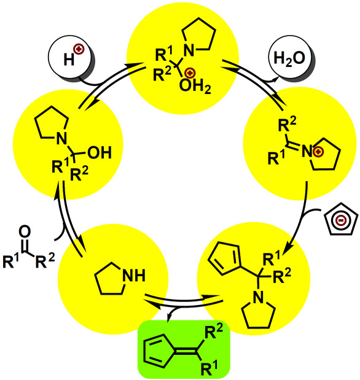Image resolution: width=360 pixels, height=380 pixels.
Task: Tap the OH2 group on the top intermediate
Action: (195, 87)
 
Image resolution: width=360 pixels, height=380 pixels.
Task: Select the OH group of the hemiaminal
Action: (100, 152)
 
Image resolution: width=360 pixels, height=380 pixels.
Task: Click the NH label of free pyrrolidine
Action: (134, 276)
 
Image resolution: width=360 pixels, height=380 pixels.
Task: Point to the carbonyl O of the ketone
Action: (25, 231)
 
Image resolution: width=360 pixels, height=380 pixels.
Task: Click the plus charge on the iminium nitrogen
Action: (318, 152)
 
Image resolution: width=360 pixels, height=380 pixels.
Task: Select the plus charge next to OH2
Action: (190, 73)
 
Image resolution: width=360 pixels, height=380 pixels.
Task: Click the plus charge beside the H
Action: (79, 50)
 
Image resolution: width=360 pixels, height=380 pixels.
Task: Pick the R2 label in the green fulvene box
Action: (213, 332)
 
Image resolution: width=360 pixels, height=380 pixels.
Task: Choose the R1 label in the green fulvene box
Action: (209, 367)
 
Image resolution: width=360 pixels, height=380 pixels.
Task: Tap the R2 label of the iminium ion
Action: (287, 125)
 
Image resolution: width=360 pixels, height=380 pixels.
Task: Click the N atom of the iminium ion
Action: (307, 152)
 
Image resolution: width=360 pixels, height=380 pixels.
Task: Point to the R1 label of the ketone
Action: (10, 261)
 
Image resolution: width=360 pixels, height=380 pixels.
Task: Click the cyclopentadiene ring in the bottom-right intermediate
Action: (224, 258)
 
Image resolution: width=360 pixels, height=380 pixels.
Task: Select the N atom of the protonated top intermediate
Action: (189, 51)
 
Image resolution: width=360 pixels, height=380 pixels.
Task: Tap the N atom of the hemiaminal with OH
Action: (61, 139)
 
